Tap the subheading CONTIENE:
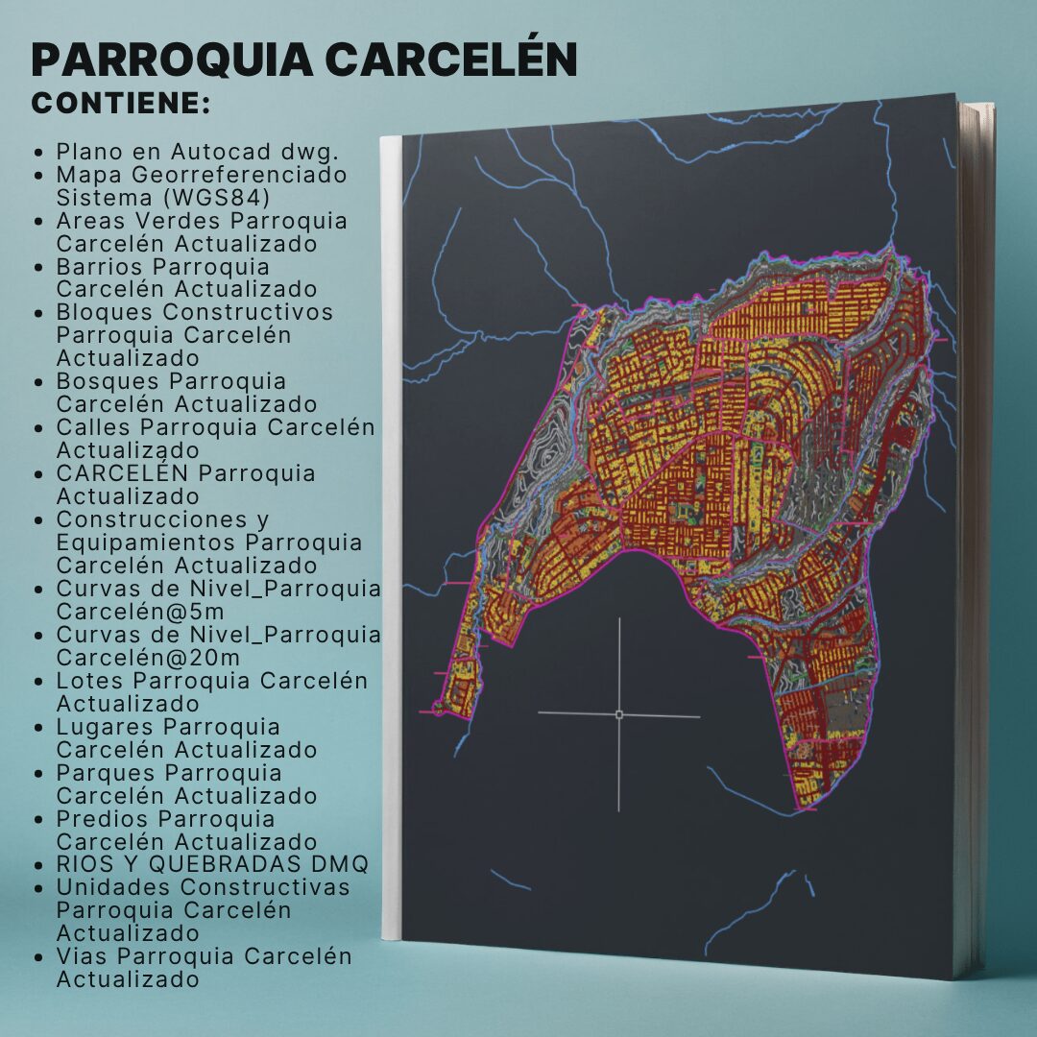pyautogui.click(x=121, y=104)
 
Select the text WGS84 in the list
pyautogui.click(x=230, y=198)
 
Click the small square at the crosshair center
pyautogui.click(x=618, y=714)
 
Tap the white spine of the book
pyautogui.click(x=390, y=538)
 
